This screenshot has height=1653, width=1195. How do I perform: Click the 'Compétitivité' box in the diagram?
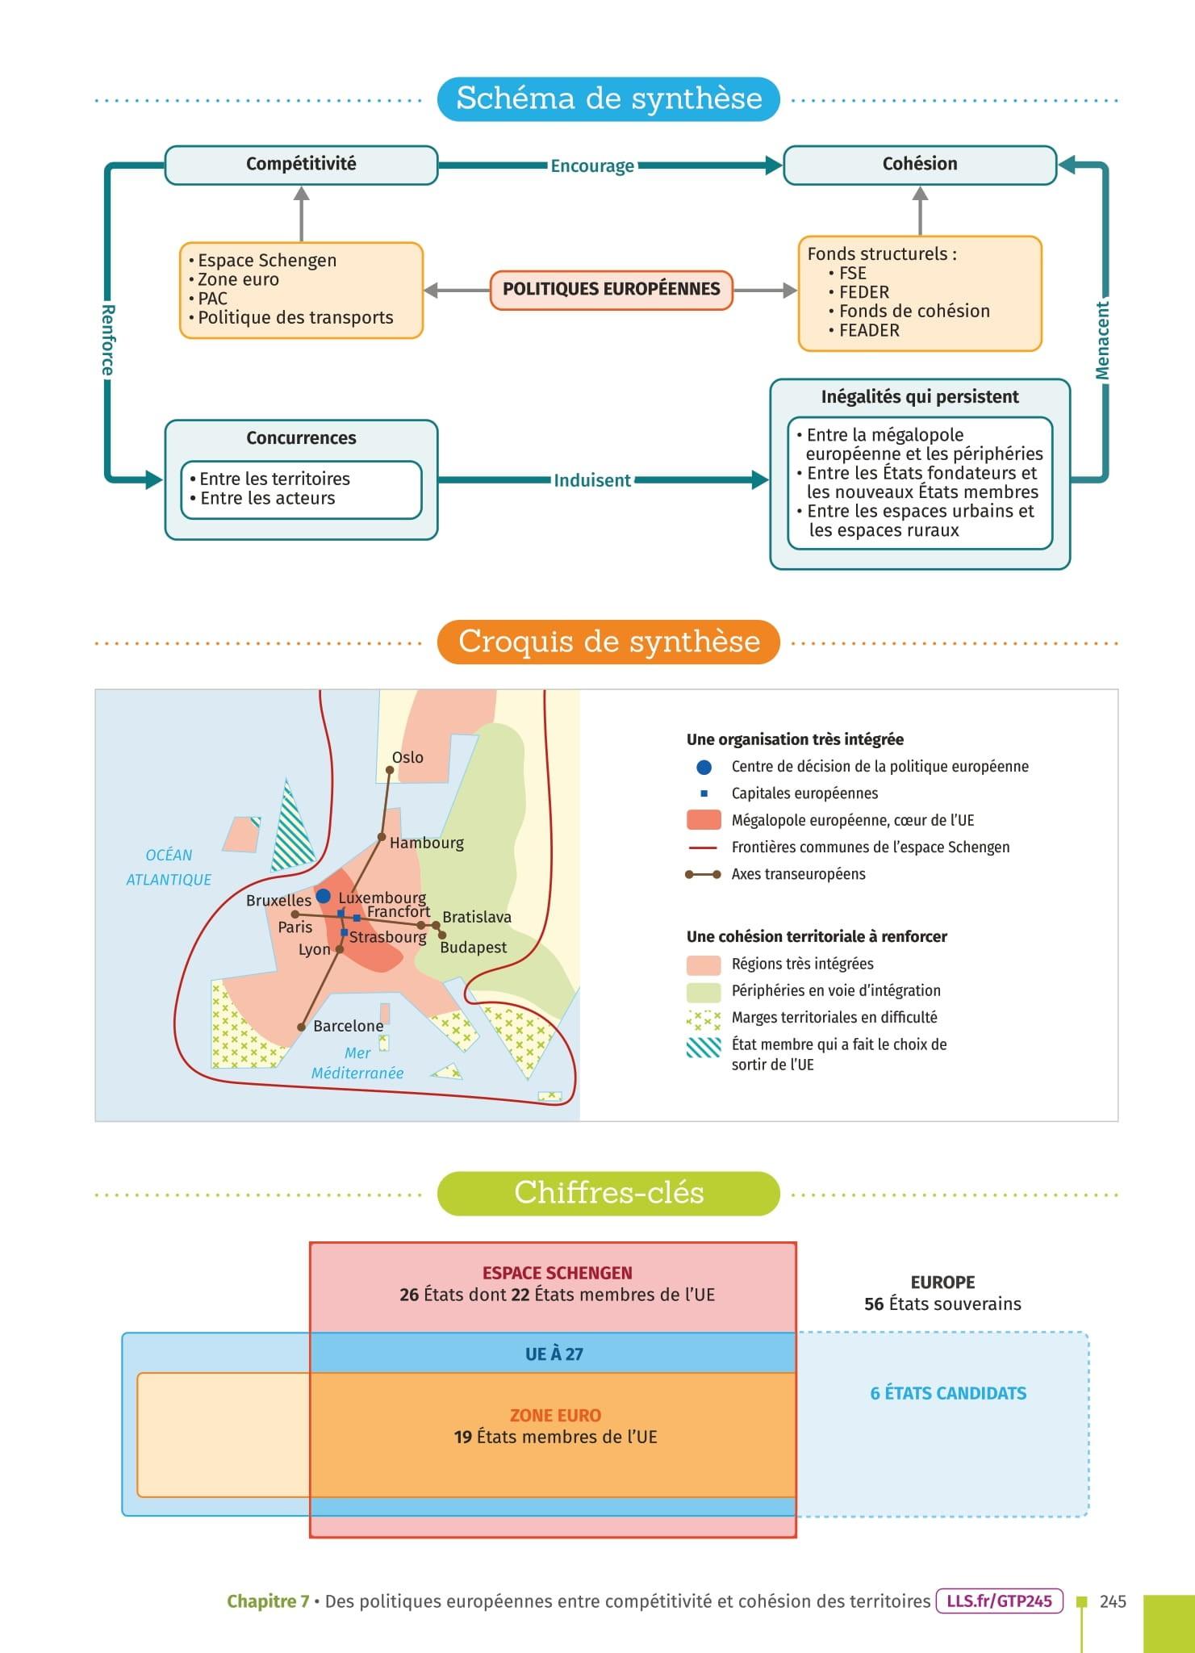click(x=301, y=165)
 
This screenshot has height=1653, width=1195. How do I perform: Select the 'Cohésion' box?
click(x=920, y=165)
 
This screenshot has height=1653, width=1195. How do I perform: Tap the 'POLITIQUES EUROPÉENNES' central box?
click(x=611, y=290)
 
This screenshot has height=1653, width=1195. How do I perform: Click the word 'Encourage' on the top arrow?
click(x=592, y=166)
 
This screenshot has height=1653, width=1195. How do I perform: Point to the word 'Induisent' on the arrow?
click(x=592, y=481)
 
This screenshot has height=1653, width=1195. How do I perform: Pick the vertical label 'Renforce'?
click(x=107, y=340)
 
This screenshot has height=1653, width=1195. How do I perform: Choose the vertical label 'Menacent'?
click(x=1102, y=340)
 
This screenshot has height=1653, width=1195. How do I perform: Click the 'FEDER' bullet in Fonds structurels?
click(x=863, y=292)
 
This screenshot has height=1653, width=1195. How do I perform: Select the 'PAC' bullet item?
click(x=212, y=299)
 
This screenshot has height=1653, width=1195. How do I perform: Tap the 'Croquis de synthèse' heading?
click(x=609, y=642)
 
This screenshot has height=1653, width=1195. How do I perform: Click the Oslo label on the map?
click(x=407, y=757)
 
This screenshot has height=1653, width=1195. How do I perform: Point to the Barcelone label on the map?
click(x=348, y=1026)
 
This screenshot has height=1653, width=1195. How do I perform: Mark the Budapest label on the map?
click(x=473, y=948)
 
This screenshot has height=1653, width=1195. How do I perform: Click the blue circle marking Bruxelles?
click(x=324, y=896)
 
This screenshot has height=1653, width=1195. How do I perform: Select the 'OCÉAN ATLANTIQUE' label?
click(x=169, y=868)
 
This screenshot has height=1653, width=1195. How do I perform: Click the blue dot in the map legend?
click(x=704, y=767)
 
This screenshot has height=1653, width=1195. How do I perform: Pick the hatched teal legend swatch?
click(x=704, y=1048)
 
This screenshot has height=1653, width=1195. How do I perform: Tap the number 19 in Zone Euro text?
click(x=462, y=1437)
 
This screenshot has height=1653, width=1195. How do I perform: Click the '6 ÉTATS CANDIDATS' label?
click(x=948, y=1393)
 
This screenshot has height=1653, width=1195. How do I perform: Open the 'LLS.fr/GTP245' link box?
click(x=999, y=1601)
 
